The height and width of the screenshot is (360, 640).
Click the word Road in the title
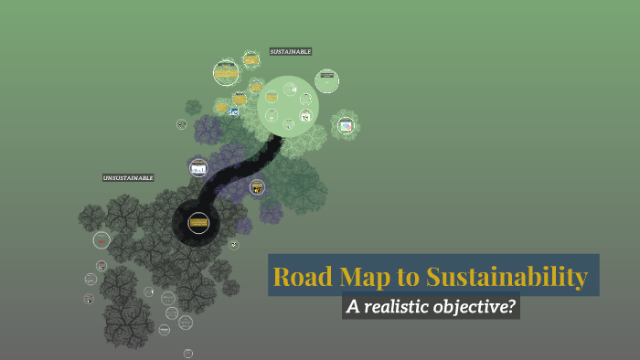tap(301, 276)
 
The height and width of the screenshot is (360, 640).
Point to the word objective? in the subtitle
tap(482, 307)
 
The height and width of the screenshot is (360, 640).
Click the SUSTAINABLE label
tap(291, 52)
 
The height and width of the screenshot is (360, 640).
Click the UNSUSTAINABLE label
tap(128, 177)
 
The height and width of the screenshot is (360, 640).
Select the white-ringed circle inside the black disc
tap(198, 221)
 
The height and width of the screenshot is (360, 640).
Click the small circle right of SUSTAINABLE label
tap(326, 80)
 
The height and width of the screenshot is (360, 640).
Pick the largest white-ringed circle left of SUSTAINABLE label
tap(226, 72)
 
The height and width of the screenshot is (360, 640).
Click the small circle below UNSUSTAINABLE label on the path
tap(198, 167)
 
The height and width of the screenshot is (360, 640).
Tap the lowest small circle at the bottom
tap(188, 353)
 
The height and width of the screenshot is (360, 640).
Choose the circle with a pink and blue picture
tap(346, 126)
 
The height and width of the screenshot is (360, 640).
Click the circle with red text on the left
tap(101, 266)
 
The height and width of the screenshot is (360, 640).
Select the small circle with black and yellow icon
tap(258, 187)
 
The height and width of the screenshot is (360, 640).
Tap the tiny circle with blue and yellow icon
tap(234, 111)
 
